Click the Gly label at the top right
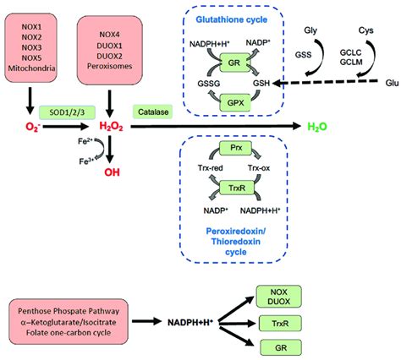click(x=310, y=31)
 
